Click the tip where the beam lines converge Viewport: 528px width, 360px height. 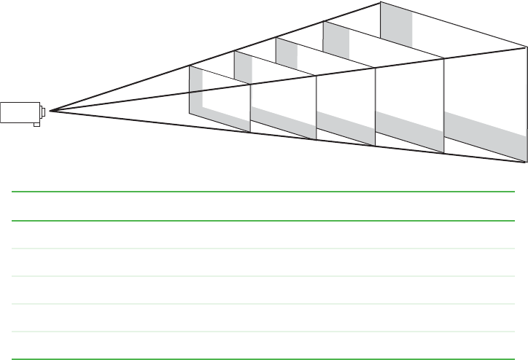click(50, 111)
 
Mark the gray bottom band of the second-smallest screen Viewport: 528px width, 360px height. click(283, 120)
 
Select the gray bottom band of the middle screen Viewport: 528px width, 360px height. click(346, 125)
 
